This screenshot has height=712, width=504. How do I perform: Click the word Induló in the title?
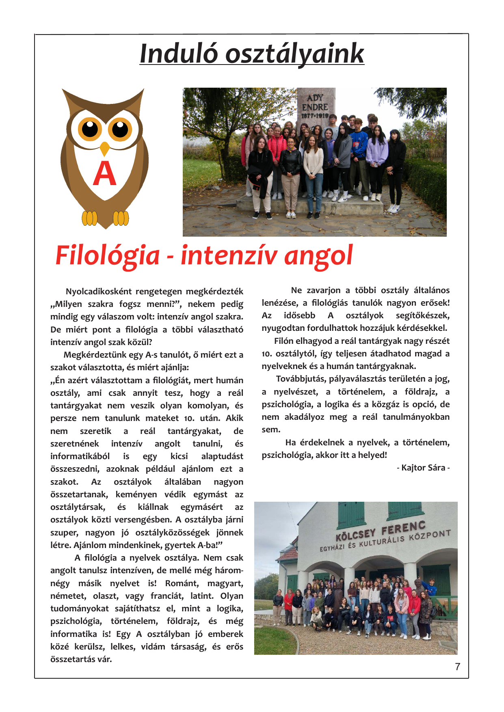coord(179,54)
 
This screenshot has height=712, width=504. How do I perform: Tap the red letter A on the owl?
coord(104,174)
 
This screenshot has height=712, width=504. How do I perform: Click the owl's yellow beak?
coord(105,148)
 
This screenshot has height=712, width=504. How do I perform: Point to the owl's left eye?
coord(90,129)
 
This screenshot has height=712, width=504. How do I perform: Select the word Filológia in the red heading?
coord(108,256)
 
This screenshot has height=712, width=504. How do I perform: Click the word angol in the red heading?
coord(318,256)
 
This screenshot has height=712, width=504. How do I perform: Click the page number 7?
coord(458,667)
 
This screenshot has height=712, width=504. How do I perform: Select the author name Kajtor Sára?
coord(423,468)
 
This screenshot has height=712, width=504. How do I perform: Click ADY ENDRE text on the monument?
coord(315,103)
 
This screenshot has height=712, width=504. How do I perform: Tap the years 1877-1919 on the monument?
coord(315,116)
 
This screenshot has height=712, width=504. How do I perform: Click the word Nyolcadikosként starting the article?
coord(99,291)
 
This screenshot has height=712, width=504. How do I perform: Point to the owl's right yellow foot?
coord(121,218)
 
